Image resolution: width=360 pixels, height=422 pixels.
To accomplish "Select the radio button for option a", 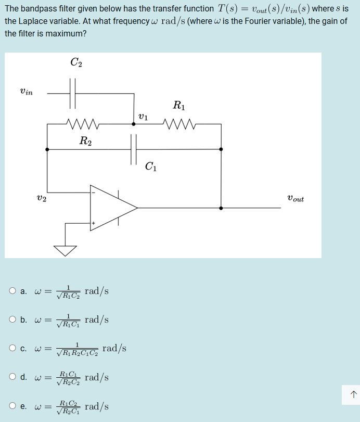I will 12,291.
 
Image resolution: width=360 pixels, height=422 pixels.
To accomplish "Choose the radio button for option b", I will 12,319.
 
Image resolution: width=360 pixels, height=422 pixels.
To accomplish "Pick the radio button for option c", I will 12,348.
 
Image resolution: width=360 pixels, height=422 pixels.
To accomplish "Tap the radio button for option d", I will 12,377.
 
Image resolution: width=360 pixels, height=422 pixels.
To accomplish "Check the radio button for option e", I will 12,406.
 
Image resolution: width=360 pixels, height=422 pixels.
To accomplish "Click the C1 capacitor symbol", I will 134,149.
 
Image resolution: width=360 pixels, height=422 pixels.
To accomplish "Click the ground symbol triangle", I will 66,250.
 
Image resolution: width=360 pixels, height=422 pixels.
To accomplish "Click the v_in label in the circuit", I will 26,92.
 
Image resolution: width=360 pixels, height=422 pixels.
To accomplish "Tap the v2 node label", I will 42,198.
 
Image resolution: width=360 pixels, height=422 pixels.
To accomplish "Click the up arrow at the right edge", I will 353,394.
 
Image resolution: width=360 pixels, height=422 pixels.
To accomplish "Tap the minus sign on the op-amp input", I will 94,191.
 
